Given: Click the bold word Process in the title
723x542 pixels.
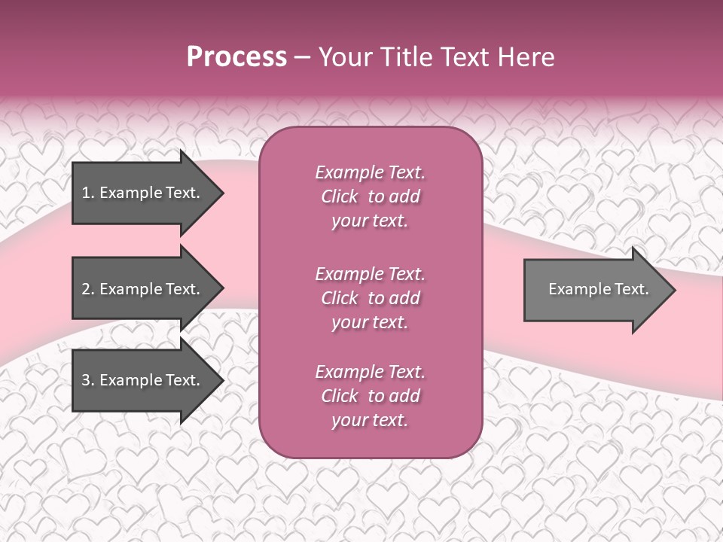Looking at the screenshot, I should tap(236, 57).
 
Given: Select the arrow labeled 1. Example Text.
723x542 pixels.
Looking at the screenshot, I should tap(143, 193).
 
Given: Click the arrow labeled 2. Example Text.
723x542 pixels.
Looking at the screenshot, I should tap(143, 289).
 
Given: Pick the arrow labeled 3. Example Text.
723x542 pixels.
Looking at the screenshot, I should tap(143, 380).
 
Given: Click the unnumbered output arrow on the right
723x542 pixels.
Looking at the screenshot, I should tap(595, 289).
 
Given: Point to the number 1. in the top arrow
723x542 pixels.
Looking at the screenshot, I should tap(87, 193).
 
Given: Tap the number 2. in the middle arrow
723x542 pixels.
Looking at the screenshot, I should tap(87, 289).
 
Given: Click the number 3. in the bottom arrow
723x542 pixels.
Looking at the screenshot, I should tap(87, 380).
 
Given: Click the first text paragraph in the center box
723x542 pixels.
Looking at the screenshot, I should tap(370, 196).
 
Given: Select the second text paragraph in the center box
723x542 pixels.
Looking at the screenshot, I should tap(370, 298).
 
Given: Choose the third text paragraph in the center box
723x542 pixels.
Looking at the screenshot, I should tap(370, 396).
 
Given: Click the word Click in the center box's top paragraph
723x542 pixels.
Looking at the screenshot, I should tap(340, 196).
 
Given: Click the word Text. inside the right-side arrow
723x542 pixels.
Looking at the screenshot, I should tap(630, 289).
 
